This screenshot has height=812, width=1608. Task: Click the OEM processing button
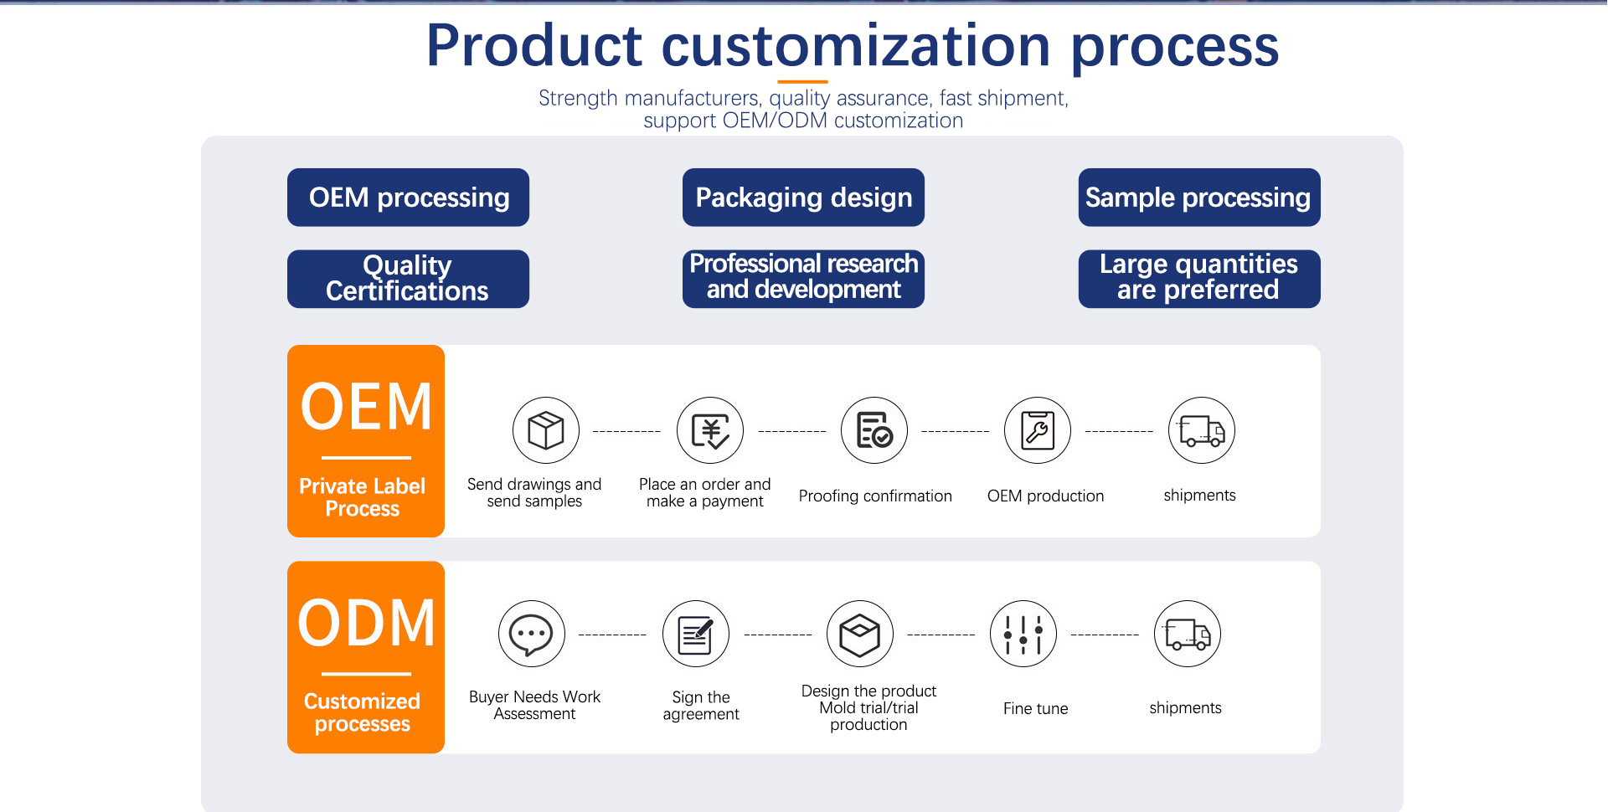[408, 198]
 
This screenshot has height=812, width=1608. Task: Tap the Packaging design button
[803, 198]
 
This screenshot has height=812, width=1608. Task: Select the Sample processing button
[1198, 198]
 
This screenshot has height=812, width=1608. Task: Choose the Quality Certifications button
[408, 279]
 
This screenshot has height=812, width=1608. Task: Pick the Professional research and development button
[803, 279]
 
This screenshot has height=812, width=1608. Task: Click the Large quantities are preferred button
[1198, 279]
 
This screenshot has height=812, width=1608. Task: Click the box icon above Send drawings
[546, 430]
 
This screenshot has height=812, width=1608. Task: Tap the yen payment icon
[710, 430]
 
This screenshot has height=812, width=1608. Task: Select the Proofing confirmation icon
[874, 430]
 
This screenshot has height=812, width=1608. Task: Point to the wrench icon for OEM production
[1038, 430]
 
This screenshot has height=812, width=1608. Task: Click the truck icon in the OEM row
[1202, 430]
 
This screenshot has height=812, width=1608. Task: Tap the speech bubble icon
[532, 634]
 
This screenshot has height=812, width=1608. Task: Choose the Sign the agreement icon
[696, 634]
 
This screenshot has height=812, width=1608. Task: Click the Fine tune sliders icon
[1023, 634]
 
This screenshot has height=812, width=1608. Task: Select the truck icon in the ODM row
[1188, 634]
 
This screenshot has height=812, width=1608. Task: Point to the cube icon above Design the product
[860, 634]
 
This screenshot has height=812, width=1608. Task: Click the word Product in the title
[534, 46]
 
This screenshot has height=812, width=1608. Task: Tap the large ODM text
[367, 624]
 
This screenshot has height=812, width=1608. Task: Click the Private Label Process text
[363, 497]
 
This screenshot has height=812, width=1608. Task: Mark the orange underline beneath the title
[802, 82]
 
